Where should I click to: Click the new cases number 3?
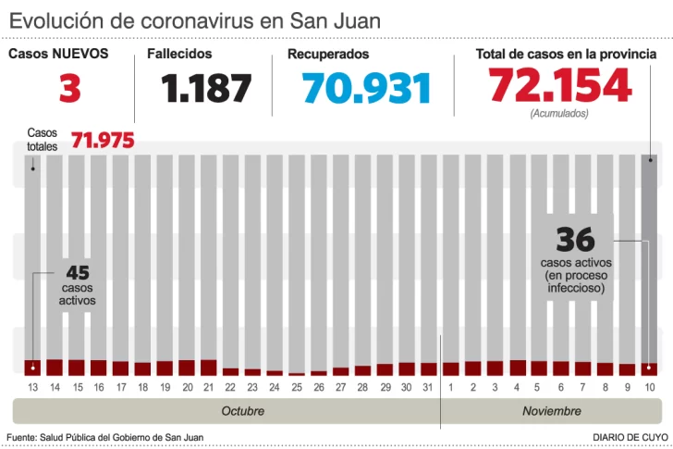69,89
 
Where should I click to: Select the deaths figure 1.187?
206,89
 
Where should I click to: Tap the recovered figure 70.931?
367,89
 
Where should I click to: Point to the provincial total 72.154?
560,86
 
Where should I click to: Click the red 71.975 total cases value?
103,141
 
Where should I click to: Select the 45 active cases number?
78,273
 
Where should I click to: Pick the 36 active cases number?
575,241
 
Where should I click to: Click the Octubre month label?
243,411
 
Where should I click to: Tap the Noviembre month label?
552,411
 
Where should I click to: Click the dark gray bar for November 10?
650,259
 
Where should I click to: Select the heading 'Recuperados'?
328,54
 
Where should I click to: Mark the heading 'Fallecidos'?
179,54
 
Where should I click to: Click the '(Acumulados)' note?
558,113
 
